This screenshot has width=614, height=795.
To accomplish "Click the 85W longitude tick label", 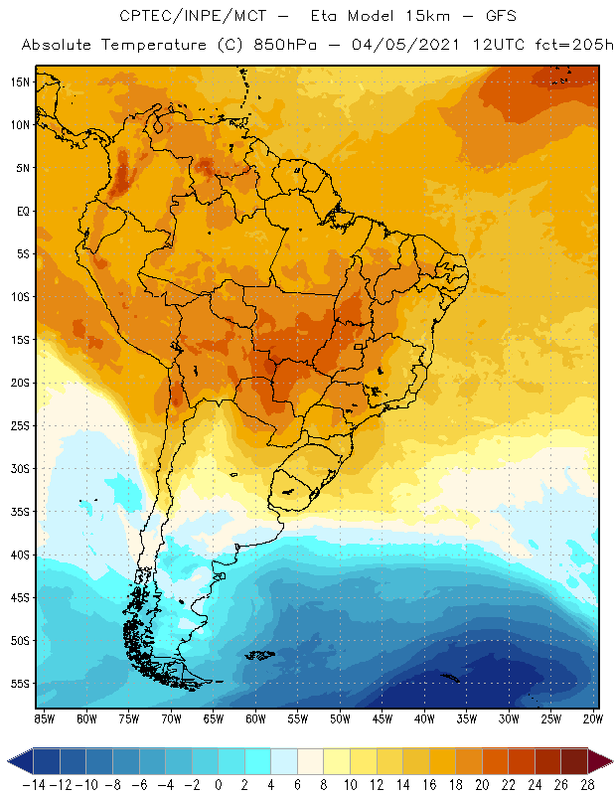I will (44, 717).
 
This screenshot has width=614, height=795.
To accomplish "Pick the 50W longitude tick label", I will (341, 717).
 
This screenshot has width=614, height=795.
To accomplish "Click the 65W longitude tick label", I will (214, 717).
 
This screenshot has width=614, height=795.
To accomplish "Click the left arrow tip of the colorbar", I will (9, 761).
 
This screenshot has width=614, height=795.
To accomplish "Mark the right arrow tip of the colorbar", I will (608, 761).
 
